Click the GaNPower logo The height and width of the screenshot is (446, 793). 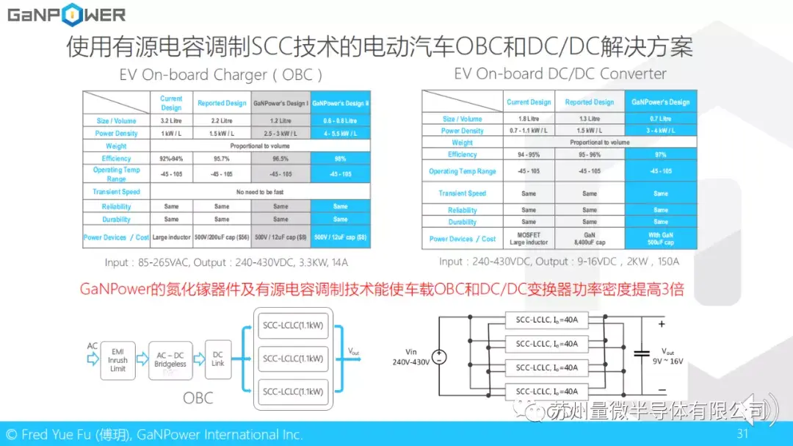[x=67, y=15]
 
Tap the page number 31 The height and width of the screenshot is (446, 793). [x=742, y=434]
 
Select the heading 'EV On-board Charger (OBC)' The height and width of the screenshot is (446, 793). [x=221, y=75]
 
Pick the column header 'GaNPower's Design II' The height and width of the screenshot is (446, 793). [x=341, y=103]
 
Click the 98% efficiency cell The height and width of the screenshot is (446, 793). [x=341, y=158]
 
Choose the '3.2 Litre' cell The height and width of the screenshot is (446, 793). [x=171, y=121]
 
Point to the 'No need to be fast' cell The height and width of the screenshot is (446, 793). [x=261, y=192]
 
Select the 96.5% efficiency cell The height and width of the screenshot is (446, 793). [x=280, y=158]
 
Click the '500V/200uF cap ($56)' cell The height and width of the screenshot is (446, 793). [x=221, y=237]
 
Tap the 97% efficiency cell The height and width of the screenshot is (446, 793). [x=661, y=154]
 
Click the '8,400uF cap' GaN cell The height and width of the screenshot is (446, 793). [x=590, y=239]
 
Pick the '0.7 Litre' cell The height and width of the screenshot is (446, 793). [x=661, y=118]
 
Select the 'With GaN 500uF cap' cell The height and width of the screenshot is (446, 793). [x=661, y=239]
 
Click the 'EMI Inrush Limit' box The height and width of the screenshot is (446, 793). [x=117, y=360]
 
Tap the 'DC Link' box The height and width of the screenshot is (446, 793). [x=218, y=359]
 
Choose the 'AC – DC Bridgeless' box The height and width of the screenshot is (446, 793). [x=170, y=360]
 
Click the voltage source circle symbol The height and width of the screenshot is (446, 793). [x=439, y=357]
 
